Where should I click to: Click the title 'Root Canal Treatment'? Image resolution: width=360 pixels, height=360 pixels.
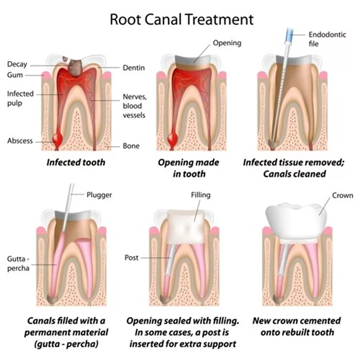(x=182, y=20)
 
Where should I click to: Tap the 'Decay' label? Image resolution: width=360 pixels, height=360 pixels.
(x=17, y=65)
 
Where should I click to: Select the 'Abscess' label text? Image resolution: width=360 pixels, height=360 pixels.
(x=20, y=140)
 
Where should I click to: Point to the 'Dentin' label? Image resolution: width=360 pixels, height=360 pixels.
(x=134, y=68)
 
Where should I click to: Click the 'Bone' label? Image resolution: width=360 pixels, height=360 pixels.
(x=131, y=146)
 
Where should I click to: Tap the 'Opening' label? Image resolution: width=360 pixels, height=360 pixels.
(x=227, y=43)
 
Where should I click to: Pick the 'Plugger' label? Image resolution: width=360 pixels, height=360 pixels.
(x=99, y=195)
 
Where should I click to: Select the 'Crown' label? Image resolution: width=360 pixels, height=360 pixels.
(x=342, y=195)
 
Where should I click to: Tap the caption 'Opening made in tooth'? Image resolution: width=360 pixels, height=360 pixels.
(x=189, y=167)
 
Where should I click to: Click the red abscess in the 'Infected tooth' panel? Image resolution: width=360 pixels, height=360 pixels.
(x=58, y=137)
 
